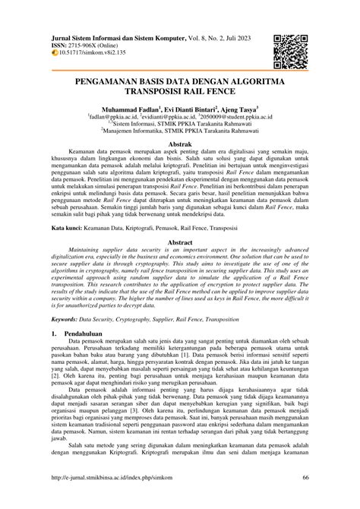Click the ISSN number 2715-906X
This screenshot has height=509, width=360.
(x=92, y=46)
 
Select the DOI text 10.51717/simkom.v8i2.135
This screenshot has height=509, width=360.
(x=101, y=54)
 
